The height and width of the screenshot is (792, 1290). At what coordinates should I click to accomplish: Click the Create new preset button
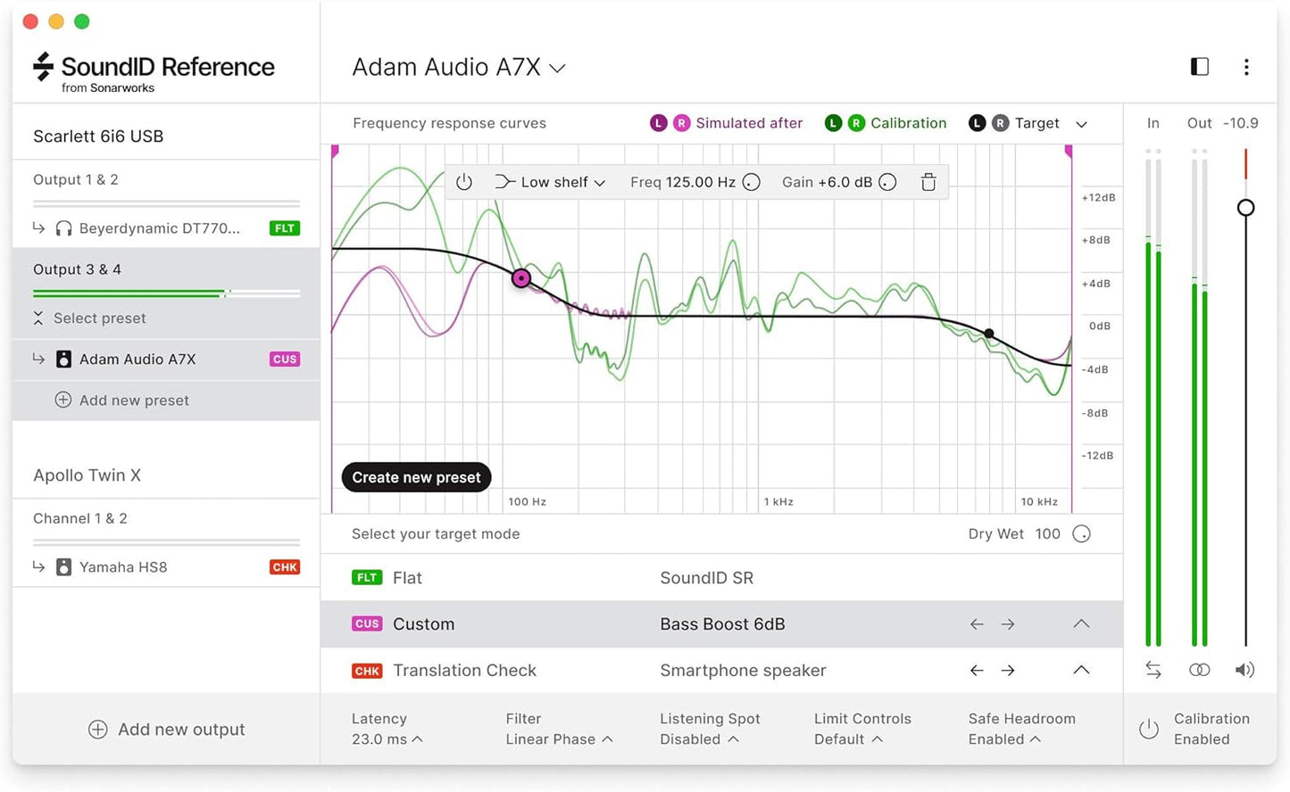416,477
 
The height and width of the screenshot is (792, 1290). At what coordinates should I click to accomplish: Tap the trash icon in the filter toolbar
928,182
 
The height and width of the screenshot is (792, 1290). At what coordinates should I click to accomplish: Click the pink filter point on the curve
521,278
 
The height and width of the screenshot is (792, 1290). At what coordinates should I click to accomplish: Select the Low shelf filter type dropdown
551,182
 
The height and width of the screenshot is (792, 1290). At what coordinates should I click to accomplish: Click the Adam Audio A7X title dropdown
459,68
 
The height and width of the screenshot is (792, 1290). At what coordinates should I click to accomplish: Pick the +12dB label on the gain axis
1098,197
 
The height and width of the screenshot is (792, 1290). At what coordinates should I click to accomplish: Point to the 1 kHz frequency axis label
778,502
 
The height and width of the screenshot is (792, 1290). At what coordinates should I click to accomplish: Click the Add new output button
167,730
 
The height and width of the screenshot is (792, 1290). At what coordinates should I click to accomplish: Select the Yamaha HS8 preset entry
123,567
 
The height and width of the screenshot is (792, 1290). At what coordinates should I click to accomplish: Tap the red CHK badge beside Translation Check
367,671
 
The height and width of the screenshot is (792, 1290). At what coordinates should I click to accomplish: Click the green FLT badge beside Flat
367,578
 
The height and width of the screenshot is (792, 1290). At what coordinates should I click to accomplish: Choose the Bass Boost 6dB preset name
722,624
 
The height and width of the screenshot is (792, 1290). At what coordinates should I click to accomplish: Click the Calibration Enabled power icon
1149,730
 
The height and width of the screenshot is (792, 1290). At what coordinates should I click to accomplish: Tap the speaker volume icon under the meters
1244,670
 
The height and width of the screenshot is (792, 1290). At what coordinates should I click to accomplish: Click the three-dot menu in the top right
1246,67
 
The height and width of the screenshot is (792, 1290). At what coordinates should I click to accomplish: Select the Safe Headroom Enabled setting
1020,729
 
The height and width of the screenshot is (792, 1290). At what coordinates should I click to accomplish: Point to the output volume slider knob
1245,208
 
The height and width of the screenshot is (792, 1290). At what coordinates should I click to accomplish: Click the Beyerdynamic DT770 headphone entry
159,228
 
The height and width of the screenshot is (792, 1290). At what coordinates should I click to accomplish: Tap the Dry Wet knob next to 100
1081,534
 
